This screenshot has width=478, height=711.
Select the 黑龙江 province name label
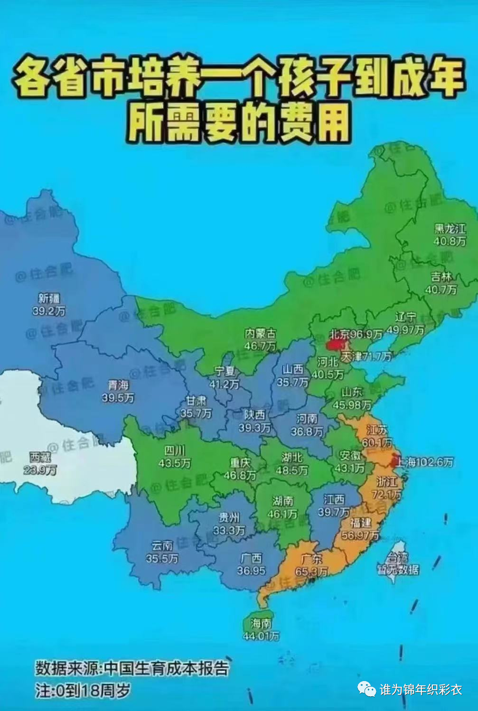tap(450, 228)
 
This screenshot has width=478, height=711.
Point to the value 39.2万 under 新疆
tap(49, 311)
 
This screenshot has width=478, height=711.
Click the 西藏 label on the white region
tap(40, 457)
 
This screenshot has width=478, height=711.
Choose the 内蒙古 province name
tap(260, 334)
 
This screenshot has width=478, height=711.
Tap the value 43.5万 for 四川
tap(175, 462)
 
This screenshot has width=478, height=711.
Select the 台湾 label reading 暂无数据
tap(398, 570)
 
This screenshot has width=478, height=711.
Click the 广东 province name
tap(311, 559)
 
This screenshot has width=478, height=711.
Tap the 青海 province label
tap(118, 385)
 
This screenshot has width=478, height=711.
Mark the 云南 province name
tap(162, 546)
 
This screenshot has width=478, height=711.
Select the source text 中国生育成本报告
tap(166, 668)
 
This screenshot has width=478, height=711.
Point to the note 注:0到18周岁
tap(83, 690)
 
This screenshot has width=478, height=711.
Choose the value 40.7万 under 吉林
tap(441, 289)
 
